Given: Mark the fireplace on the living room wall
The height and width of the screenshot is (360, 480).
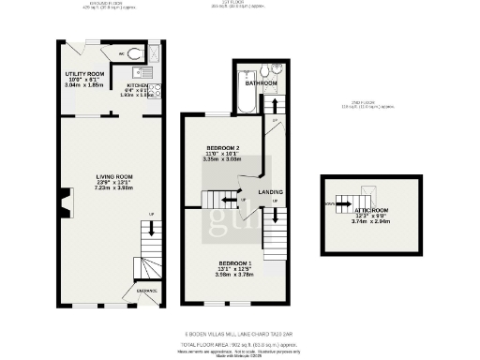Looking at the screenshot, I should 63,202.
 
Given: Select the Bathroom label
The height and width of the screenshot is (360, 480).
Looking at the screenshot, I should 261,83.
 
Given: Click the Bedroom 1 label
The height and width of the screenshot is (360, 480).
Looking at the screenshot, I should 235,263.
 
